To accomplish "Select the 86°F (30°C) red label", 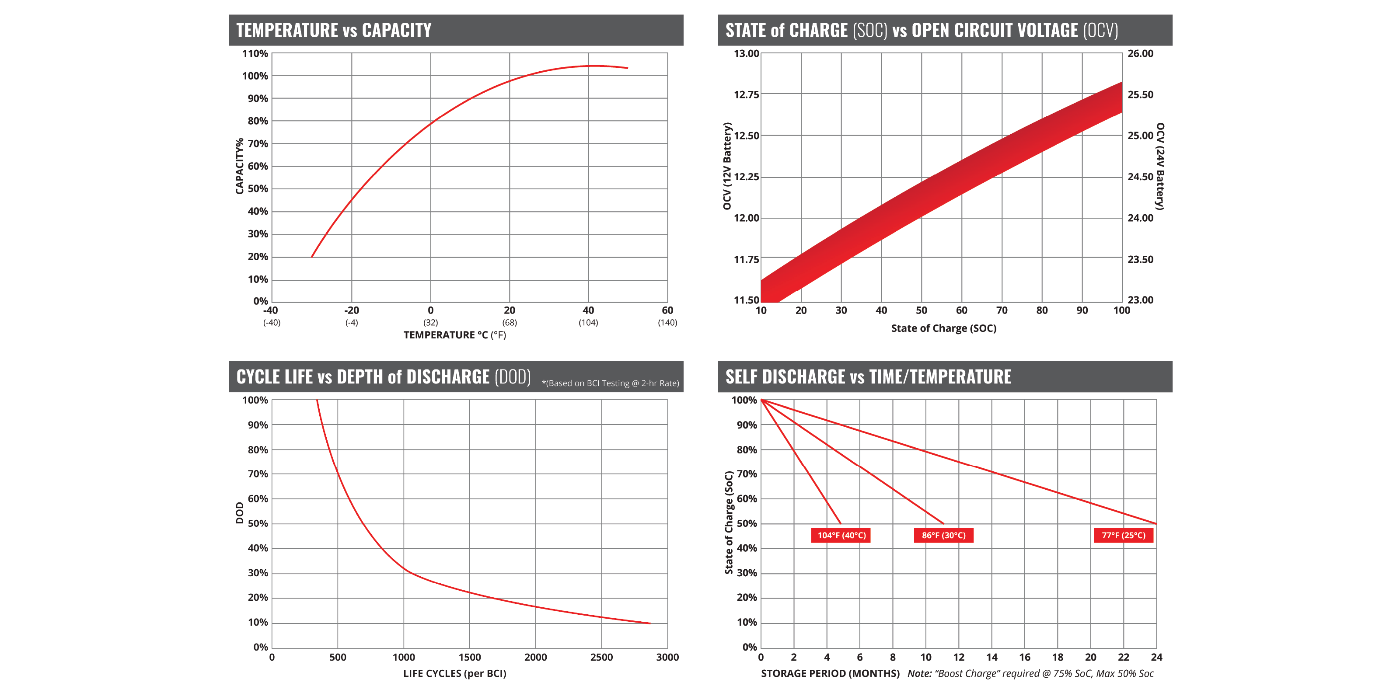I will (x=943, y=535).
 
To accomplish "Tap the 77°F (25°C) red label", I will (x=1124, y=535).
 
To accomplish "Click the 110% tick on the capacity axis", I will (x=255, y=53).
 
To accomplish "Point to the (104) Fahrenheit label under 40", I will (x=588, y=322).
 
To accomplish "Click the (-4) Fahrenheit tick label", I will (x=352, y=322).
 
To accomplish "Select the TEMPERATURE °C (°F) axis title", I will (x=454, y=335).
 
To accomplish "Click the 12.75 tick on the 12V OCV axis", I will (x=746, y=94).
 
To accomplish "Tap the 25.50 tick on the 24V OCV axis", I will (x=1140, y=94).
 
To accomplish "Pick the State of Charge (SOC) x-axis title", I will (x=943, y=328).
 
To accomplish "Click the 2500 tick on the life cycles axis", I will (x=602, y=657).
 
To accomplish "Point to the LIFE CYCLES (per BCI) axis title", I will (x=454, y=673).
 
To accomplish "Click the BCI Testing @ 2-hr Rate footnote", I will (x=610, y=383).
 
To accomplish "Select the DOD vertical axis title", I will (x=240, y=512).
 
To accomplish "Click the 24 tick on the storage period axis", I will (x=1156, y=657).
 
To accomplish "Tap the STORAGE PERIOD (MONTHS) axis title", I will (x=830, y=673).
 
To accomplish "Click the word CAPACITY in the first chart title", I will (x=396, y=31).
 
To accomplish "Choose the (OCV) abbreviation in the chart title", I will (x=1100, y=31).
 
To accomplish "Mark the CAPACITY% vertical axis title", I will (x=240, y=166).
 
